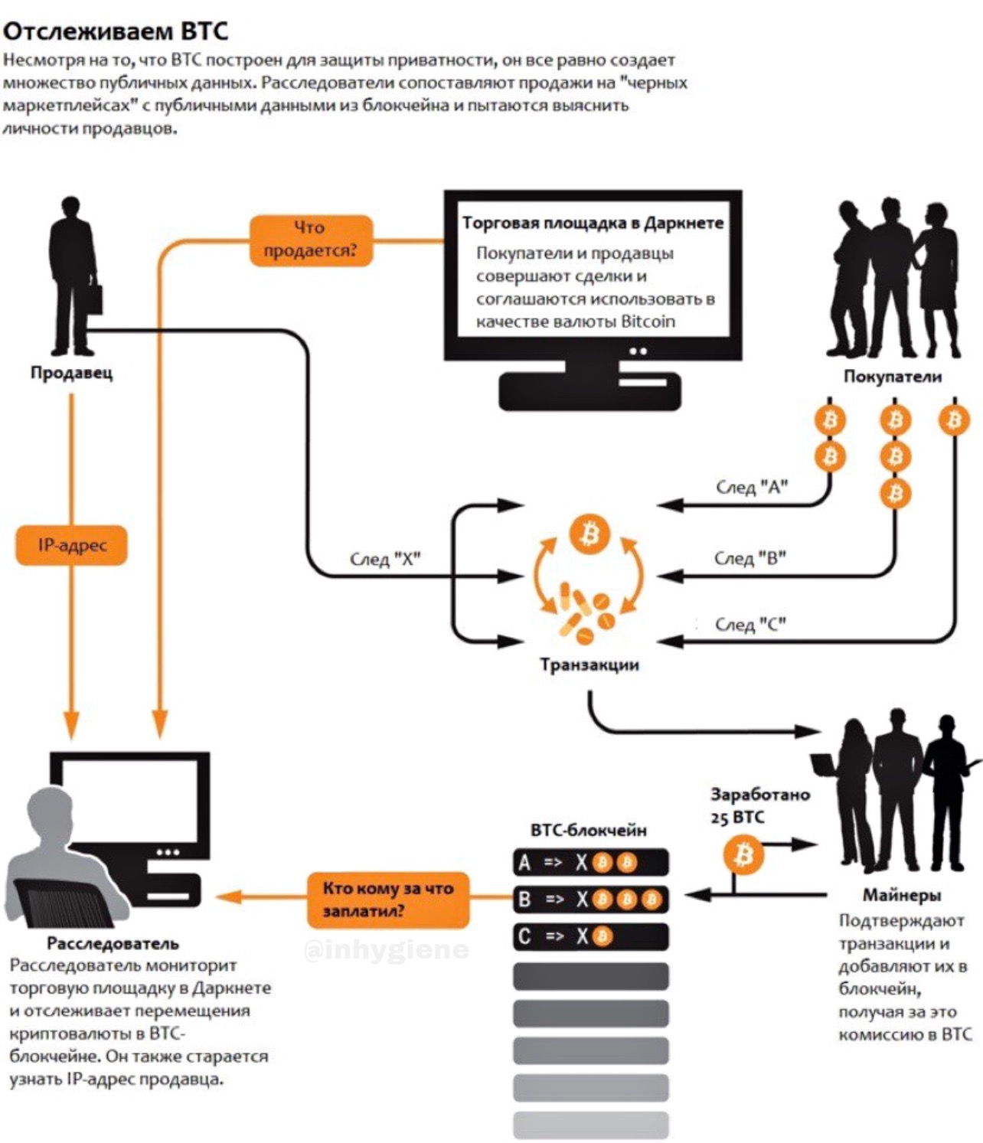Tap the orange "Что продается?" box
pos(311,240)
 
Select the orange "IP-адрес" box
pos(72,545)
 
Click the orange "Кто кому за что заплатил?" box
pos(387,900)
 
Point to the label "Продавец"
pos(71,373)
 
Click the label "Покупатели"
pos(892,376)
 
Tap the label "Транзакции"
pos(589,665)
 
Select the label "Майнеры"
pos(902,894)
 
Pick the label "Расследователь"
pos(113,943)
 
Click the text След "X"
pos(385,560)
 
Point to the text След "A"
pos(752,487)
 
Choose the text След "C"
pos(750,625)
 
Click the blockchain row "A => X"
pos(590,863)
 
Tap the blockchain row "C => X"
pos(590,936)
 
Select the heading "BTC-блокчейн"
pos(588,830)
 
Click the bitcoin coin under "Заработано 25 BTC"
pos(743,854)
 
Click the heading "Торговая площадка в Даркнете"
pos(593,223)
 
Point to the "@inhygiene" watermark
pos(386,950)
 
